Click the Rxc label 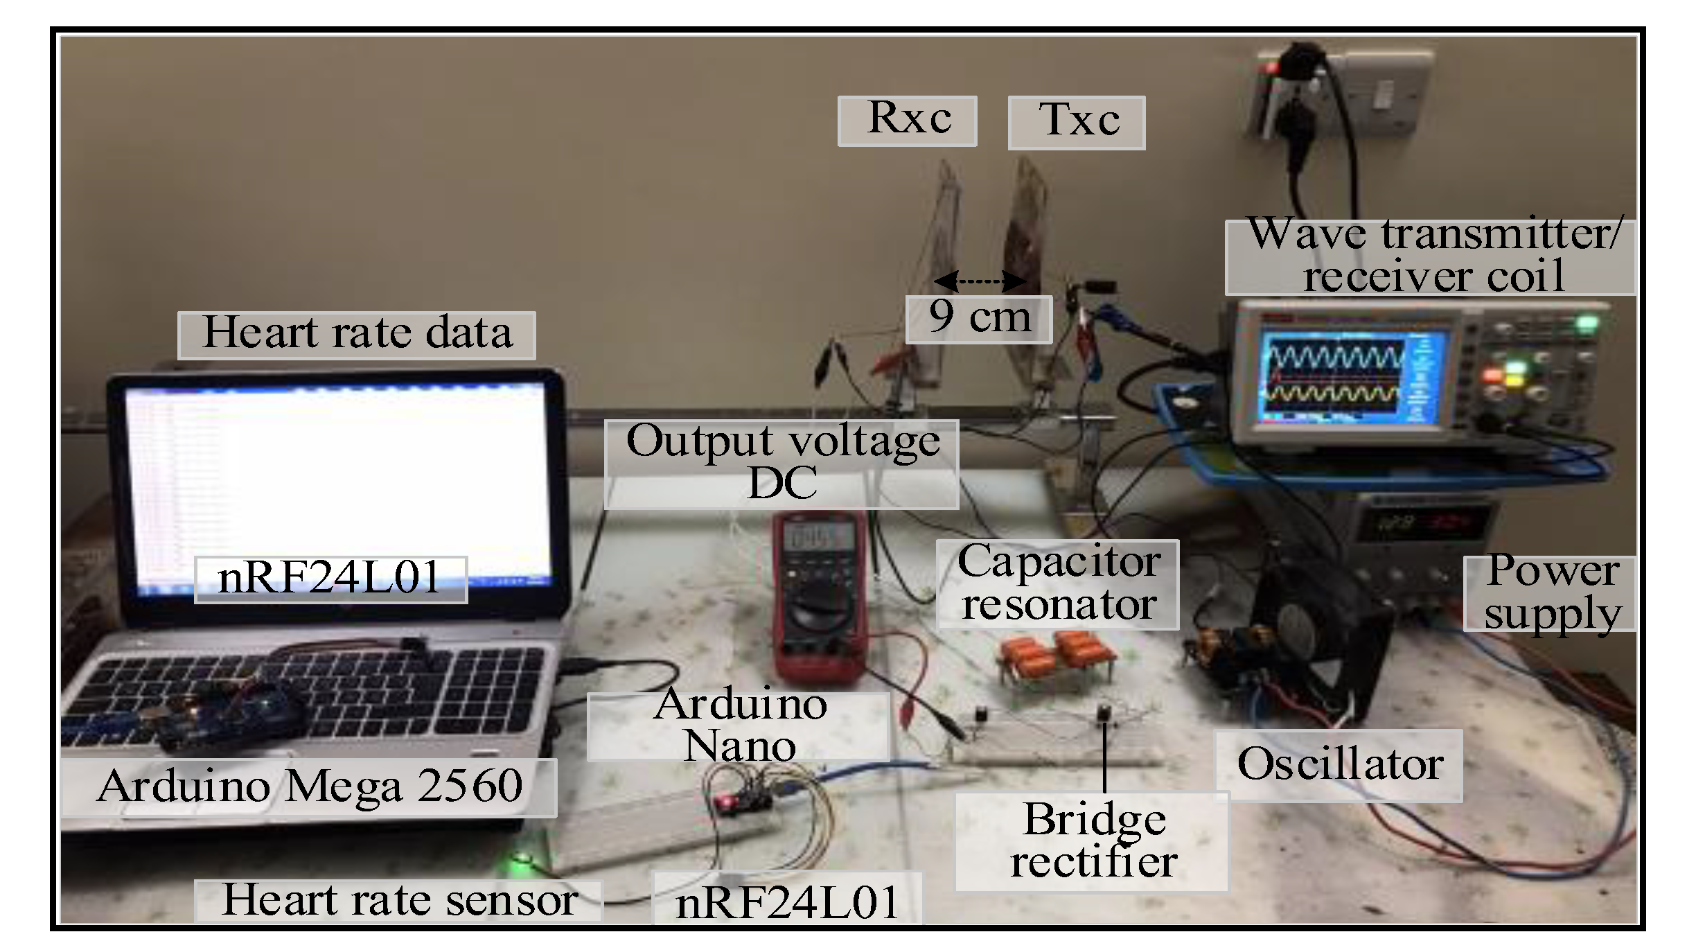tap(908, 121)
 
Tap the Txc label tap(1077, 123)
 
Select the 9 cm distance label tap(979, 319)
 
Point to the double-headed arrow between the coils tap(980, 281)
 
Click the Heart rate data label tap(357, 335)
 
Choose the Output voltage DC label tap(782, 464)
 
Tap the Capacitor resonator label tap(1058, 584)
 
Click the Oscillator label tap(1339, 765)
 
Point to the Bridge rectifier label tap(1092, 841)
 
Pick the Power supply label tap(1551, 594)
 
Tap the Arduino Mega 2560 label tap(309, 787)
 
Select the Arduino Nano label tap(739, 727)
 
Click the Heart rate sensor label tap(399, 901)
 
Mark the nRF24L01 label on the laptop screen tap(330, 579)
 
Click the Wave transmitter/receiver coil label tap(1431, 257)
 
